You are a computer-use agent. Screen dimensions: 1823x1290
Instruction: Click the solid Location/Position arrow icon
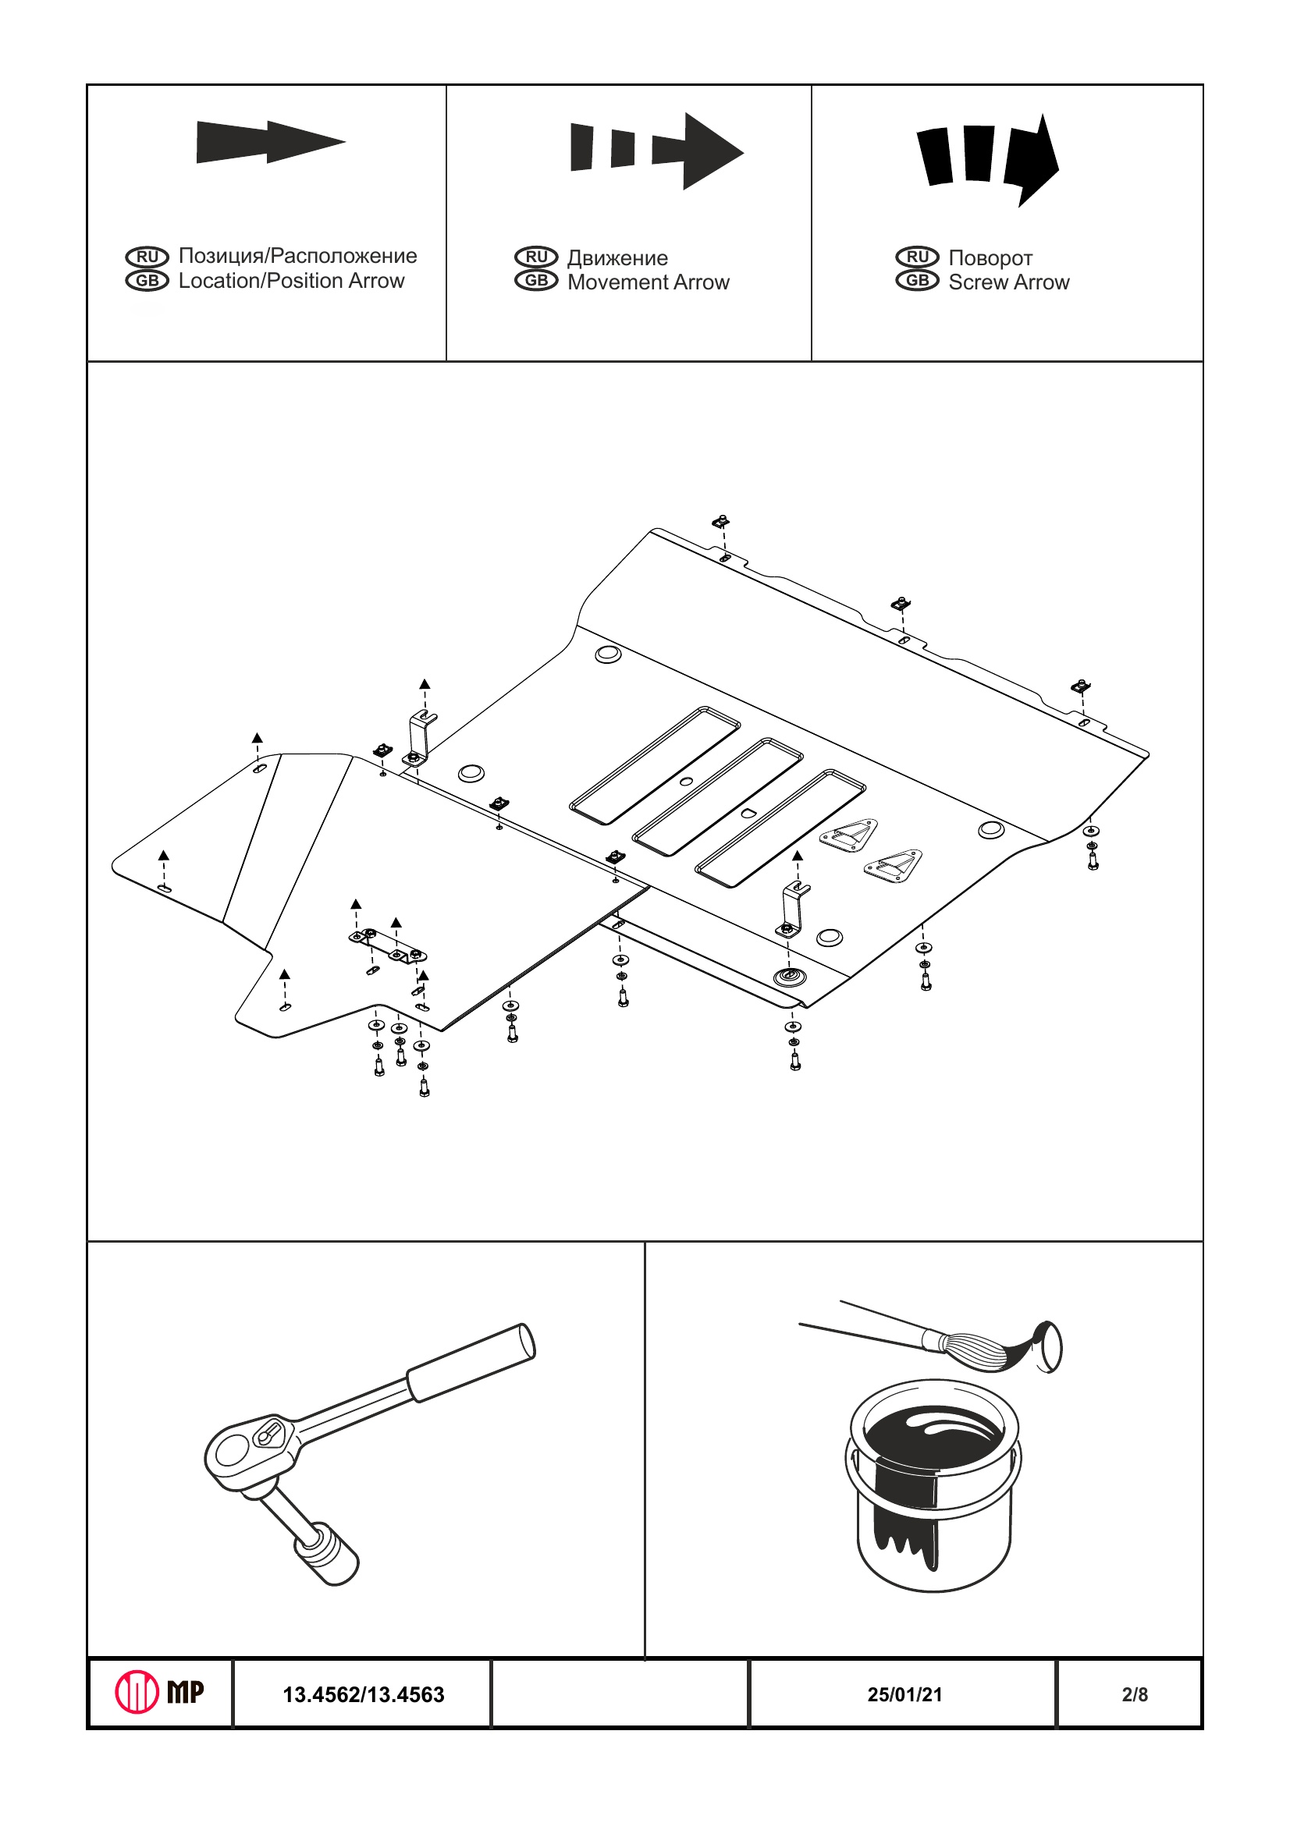coord(270,142)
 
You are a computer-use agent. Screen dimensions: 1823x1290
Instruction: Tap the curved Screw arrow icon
coord(988,158)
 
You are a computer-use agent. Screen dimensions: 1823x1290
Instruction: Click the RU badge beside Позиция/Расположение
coord(147,257)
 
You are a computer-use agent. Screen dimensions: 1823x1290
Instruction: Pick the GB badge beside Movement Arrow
coord(536,281)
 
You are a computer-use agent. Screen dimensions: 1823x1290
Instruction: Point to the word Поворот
coord(990,258)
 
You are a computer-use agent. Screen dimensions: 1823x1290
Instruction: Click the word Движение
coord(617,258)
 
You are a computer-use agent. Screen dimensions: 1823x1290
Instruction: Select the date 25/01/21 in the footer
coord(904,1694)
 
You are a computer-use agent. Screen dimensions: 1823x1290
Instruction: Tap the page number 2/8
coord(1135,1694)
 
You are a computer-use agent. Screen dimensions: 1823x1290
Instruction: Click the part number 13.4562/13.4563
coord(363,1694)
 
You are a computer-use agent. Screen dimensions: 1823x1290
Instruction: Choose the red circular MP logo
coord(137,1692)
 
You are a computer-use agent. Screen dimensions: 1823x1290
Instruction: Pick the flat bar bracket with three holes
coord(389,945)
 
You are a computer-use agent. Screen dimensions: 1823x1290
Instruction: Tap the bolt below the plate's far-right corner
coord(1093,859)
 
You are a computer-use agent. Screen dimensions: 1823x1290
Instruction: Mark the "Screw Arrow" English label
coord(1008,282)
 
